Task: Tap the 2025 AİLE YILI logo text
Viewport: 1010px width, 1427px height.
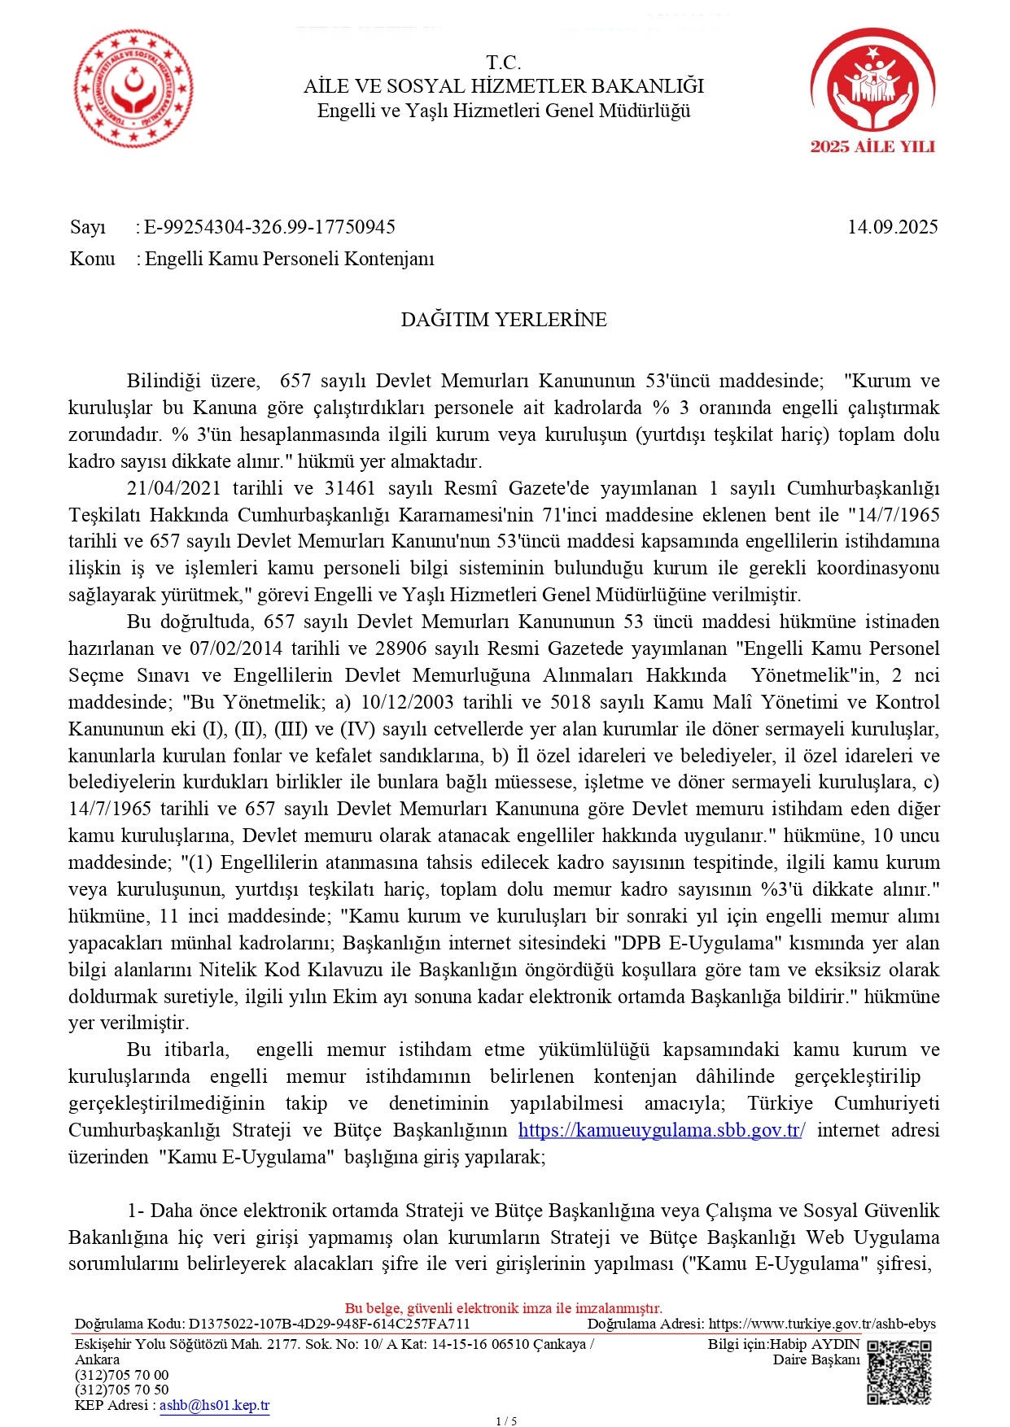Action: (872, 147)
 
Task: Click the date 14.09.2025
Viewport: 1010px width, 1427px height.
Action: (892, 227)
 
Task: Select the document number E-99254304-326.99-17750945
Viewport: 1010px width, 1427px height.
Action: (269, 227)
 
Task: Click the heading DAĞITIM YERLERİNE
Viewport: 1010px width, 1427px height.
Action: (504, 320)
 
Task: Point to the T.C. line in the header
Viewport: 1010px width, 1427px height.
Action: (504, 63)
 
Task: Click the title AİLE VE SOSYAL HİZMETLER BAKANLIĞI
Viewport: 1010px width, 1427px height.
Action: (504, 86)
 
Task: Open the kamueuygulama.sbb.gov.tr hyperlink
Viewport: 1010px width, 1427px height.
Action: (661, 1130)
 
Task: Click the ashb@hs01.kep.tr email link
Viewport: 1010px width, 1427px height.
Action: (214, 1405)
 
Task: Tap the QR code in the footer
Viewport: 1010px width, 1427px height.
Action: (899, 1372)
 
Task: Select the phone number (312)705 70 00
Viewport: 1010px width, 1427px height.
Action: (121, 1375)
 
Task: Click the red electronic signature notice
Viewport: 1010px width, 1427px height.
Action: (504, 1308)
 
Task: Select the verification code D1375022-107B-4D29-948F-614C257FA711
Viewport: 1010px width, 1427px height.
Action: (329, 1324)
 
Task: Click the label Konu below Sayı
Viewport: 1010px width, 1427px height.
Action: (93, 259)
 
